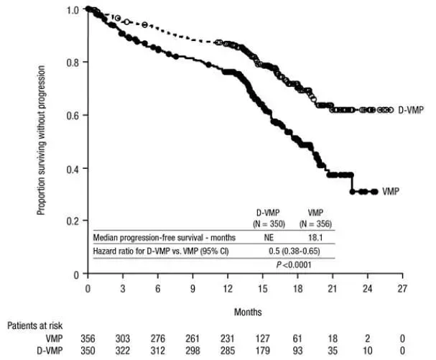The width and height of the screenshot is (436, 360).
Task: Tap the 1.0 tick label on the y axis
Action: (73, 10)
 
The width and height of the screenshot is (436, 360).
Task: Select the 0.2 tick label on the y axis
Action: (73, 221)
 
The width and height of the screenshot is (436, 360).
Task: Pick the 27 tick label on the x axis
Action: (403, 288)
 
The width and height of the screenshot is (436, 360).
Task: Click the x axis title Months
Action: (248, 312)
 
